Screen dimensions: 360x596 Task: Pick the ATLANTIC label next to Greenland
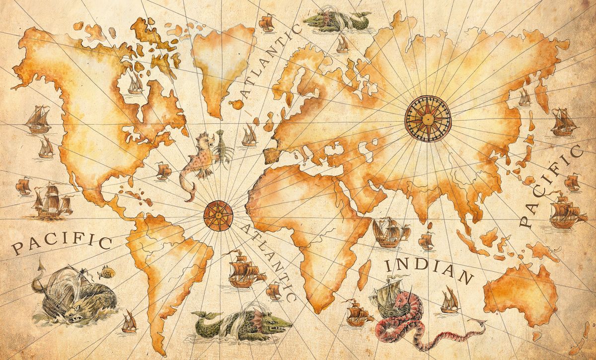pyautogui.click(x=271, y=62)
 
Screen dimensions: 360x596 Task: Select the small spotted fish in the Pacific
pyautogui.click(x=106, y=272)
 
